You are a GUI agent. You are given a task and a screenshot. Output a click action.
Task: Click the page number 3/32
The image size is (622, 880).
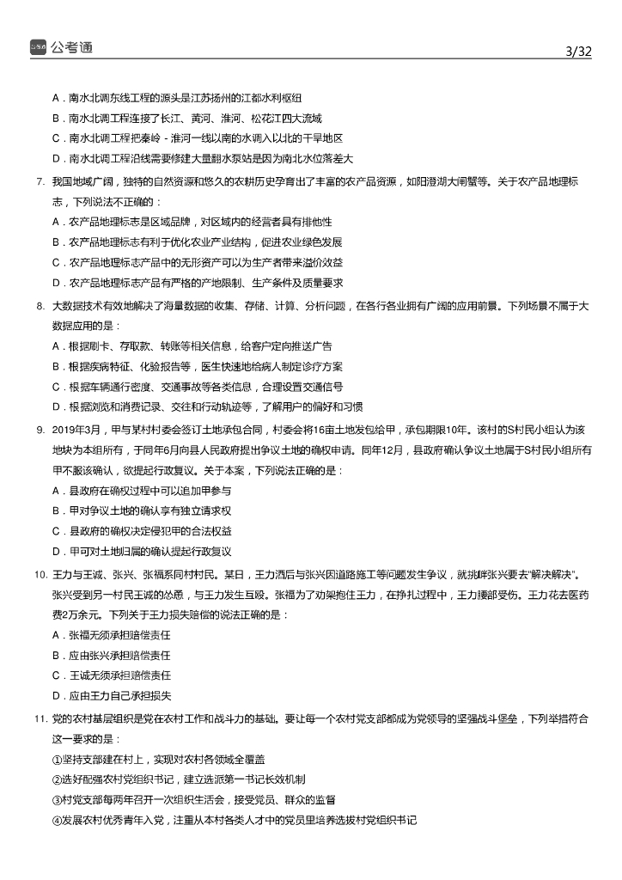[x=579, y=51]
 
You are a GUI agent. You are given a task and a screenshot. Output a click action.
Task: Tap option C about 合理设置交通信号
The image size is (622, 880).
[x=198, y=386]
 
